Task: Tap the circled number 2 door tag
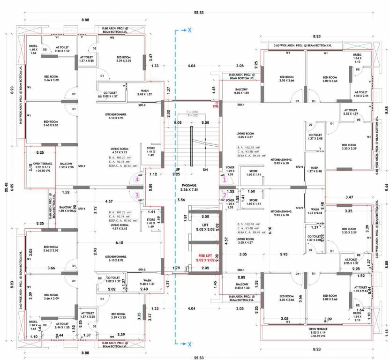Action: click(224, 195)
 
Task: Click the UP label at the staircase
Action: click(178, 169)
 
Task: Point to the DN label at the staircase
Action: click(204, 169)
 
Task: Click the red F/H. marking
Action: click(216, 106)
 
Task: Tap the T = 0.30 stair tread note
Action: click(192, 112)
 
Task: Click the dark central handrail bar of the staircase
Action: click(192, 145)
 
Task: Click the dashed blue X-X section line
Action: click(175, 187)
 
